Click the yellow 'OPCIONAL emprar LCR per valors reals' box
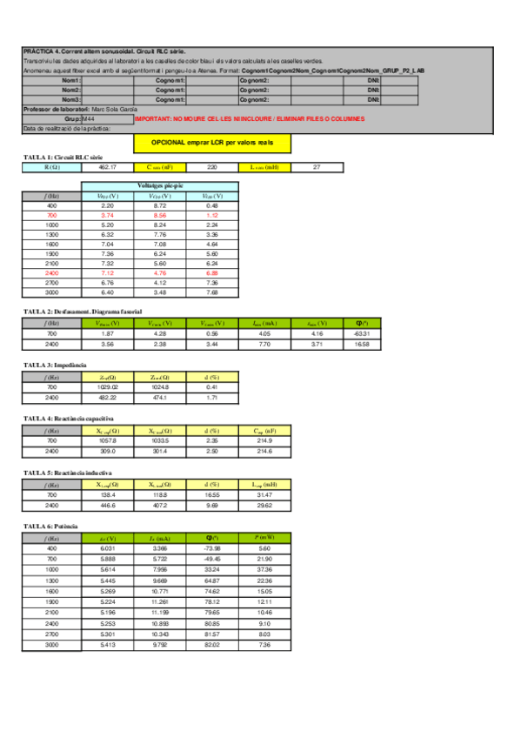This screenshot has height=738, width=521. [212, 141]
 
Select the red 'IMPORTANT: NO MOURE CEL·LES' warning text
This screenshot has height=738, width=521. [250, 118]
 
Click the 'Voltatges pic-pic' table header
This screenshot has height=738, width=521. [159, 186]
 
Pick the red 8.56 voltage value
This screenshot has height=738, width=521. [159, 214]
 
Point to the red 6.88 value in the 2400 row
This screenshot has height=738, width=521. [212, 272]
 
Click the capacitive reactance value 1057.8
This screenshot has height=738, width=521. [107, 440]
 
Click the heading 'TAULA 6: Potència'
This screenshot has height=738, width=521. [50, 527]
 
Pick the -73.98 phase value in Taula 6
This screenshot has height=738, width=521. [212, 548]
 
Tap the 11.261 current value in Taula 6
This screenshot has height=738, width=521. [159, 601]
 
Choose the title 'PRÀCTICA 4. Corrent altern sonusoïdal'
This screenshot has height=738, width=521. [104, 52]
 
